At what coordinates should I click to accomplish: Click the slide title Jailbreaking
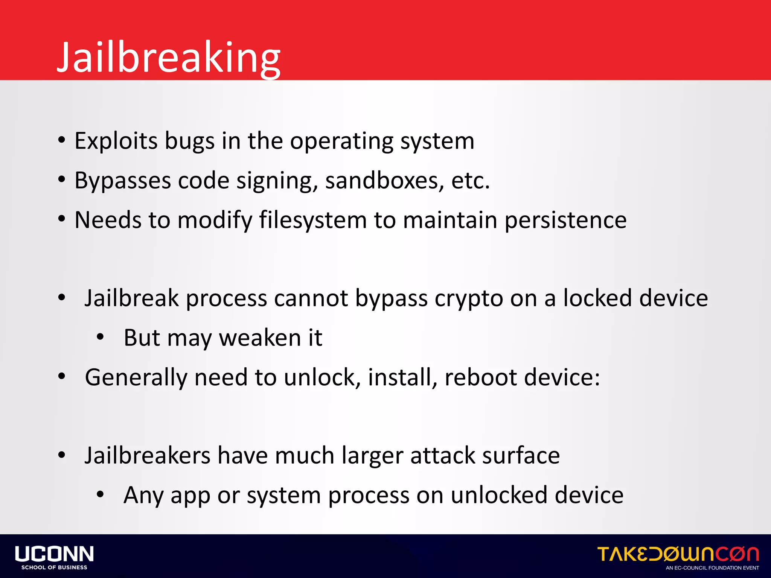[169, 57]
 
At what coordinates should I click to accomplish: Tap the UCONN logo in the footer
[54, 554]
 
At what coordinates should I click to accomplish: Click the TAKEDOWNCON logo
[678, 554]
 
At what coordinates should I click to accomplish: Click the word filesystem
[313, 220]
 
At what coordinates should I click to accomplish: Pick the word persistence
[565, 220]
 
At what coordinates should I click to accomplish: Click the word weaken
[260, 338]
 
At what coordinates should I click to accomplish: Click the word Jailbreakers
[147, 455]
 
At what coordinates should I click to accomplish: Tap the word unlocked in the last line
[499, 495]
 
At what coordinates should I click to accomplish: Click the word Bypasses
[123, 181]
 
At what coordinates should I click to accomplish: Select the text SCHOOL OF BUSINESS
[54, 567]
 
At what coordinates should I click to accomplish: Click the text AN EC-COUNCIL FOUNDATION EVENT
[712, 568]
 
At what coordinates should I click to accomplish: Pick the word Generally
[136, 377]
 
